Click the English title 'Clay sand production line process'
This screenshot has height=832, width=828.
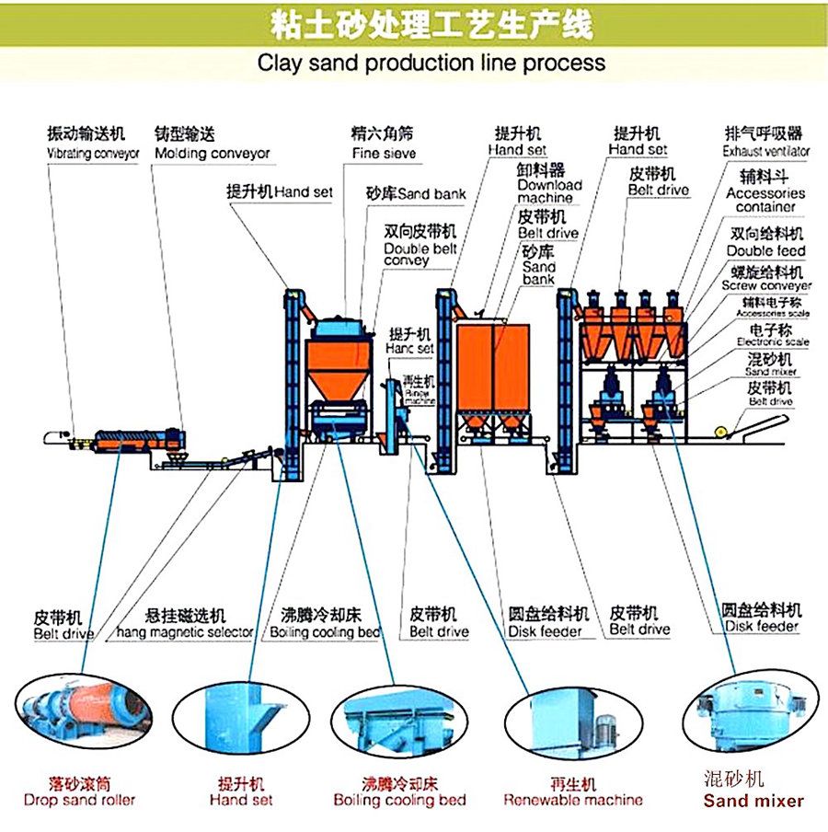coord(431,63)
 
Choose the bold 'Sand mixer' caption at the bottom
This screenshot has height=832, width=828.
coord(753,801)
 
